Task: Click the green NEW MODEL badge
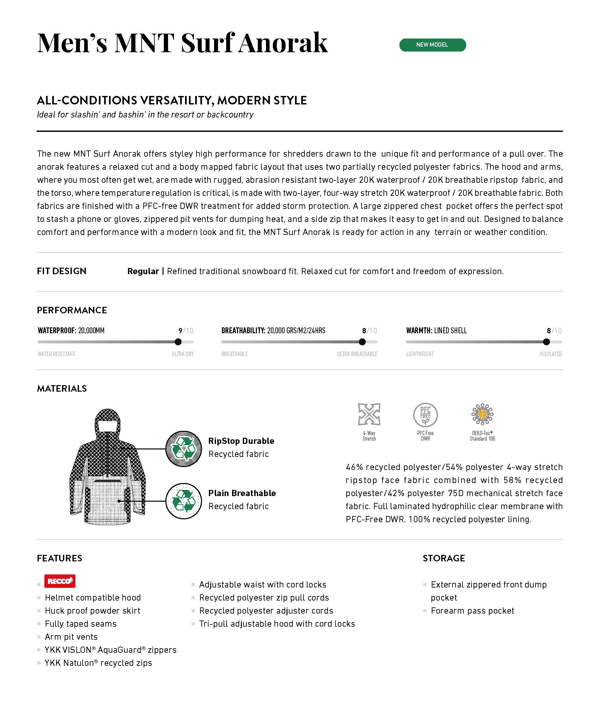click(432, 45)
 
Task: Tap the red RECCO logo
click(60, 581)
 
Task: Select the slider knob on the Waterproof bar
click(178, 342)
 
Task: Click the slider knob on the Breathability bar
click(362, 342)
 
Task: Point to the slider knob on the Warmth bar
click(546, 342)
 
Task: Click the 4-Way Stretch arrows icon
click(369, 414)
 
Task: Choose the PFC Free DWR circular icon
click(425, 415)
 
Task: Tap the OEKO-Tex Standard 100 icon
click(482, 415)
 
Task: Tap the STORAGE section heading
click(444, 558)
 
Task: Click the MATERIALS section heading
click(62, 388)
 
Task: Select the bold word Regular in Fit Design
click(143, 271)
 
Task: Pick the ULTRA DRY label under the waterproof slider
click(182, 354)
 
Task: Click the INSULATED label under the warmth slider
click(550, 354)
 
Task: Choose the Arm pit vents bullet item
click(71, 637)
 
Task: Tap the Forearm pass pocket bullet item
click(472, 611)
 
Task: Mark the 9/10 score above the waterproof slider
click(186, 331)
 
